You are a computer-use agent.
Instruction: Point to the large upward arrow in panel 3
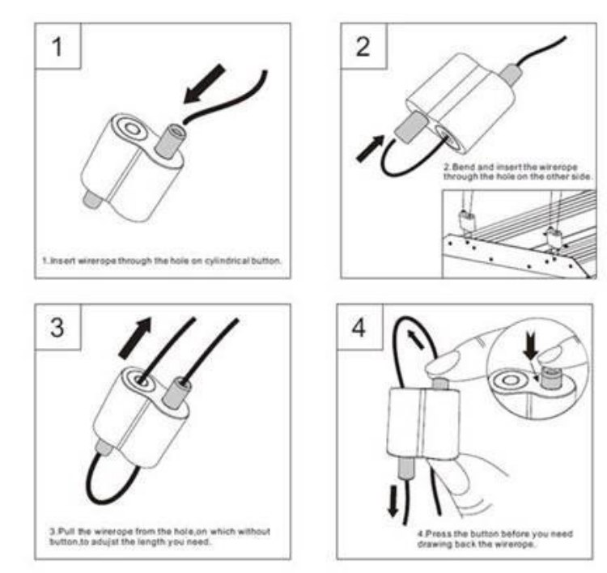pos(136,335)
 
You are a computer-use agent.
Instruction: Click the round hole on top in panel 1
pos(129,129)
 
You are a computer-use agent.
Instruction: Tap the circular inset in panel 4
pos(534,377)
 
